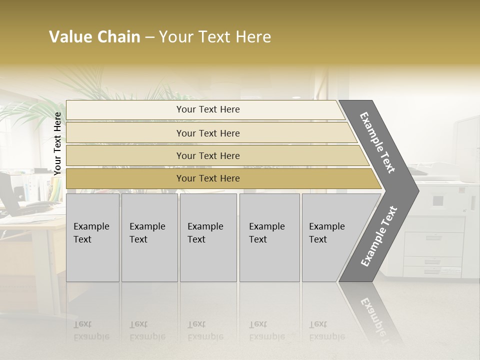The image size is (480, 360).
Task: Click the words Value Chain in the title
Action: pos(94,37)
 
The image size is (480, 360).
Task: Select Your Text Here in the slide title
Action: pos(215,37)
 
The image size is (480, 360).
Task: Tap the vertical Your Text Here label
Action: pos(57,143)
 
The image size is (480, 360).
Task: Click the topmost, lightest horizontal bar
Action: pos(207,109)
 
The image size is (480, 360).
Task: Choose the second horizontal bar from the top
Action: pos(207,133)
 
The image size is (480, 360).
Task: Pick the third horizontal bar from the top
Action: pos(207,155)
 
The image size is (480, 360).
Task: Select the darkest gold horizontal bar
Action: pos(207,178)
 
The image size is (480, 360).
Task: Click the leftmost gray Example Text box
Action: pos(92,237)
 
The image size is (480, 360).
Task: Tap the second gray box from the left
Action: pos(149,237)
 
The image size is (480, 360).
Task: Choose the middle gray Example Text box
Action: pos(208,237)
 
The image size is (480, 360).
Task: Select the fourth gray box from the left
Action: pos(269,237)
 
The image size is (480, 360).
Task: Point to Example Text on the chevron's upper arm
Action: pos(377,142)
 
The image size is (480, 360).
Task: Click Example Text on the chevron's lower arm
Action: pos(379,236)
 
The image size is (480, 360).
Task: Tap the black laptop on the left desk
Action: pos(9,192)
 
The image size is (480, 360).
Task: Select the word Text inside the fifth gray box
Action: pos(318,239)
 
